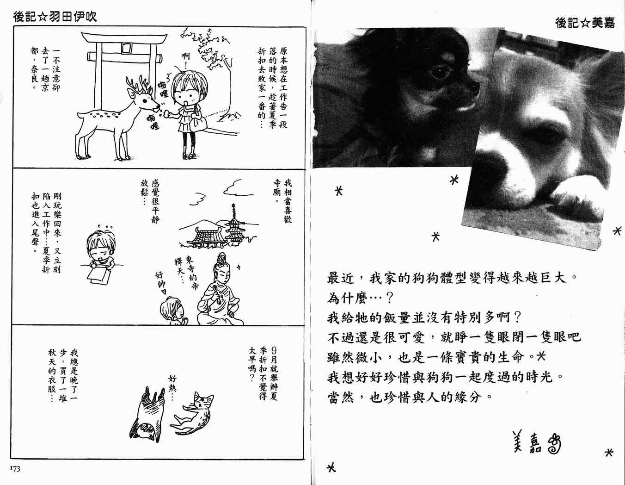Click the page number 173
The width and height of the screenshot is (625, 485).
pos(15,469)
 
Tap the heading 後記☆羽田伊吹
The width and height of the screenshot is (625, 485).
pos(55,17)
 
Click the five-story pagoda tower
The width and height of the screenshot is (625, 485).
pos(234,226)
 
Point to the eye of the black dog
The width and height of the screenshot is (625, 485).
pos(440,72)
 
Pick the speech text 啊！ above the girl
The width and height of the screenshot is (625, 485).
pos(186,59)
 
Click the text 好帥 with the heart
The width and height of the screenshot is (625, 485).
pos(160,283)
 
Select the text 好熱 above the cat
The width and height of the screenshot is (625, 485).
pos(172,388)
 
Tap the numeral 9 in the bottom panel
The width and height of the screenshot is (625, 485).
pos(274,351)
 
